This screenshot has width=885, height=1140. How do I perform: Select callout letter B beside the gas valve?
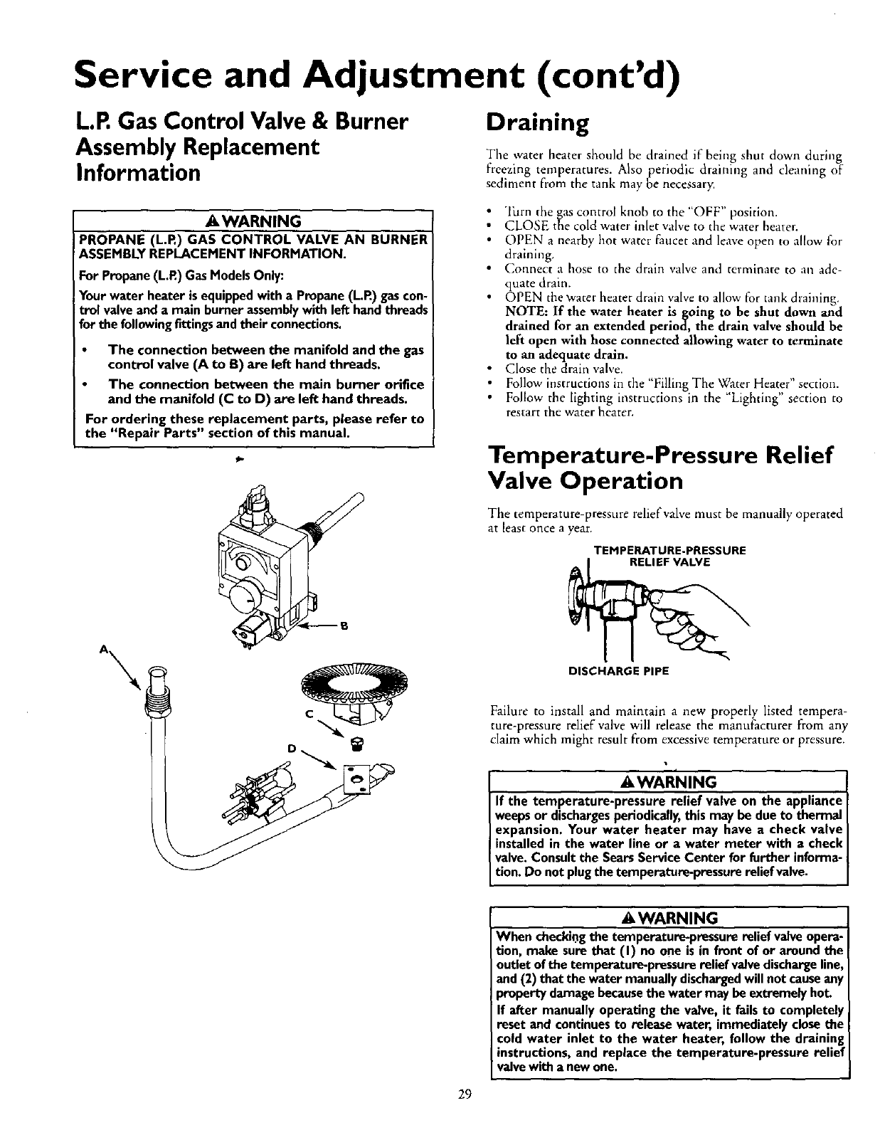(343, 626)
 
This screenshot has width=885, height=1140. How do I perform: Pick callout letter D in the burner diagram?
(292, 748)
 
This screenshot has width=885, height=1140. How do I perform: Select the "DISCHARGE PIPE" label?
(619, 670)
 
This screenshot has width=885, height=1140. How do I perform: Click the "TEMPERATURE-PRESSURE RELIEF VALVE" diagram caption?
(671, 556)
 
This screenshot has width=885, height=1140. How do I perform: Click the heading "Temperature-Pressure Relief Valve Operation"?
(659, 468)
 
